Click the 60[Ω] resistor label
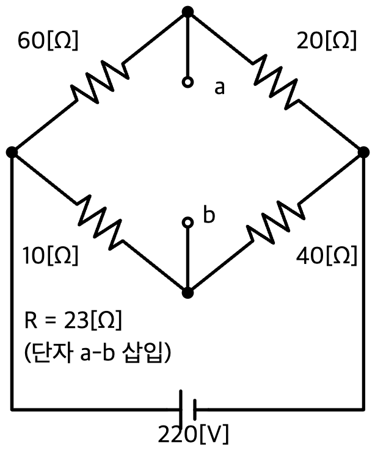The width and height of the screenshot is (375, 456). [x=48, y=40]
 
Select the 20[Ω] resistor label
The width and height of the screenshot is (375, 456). [x=327, y=40]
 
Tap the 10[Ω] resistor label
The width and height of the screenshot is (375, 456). [x=51, y=255]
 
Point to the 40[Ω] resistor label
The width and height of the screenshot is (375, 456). [x=327, y=255]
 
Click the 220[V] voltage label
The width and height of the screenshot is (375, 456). [x=193, y=434]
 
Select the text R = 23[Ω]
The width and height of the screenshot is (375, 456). [x=73, y=320]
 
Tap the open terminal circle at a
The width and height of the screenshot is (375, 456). [x=188, y=82]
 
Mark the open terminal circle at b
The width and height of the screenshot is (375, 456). [x=188, y=223]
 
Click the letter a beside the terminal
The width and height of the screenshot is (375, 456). [x=219, y=87]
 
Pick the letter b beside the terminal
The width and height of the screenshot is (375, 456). [x=209, y=215]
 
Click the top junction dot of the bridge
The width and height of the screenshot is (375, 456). [x=188, y=12]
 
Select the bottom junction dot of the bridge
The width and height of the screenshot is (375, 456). [x=188, y=293]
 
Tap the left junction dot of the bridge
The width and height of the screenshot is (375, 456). [x=12, y=152]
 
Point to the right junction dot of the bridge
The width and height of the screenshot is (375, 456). [x=363, y=152]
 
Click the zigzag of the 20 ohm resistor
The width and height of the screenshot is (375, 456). [x=275, y=82]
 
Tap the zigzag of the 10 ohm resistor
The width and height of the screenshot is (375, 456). [x=100, y=223]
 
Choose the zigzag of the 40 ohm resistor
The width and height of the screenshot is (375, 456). [x=275, y=223]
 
